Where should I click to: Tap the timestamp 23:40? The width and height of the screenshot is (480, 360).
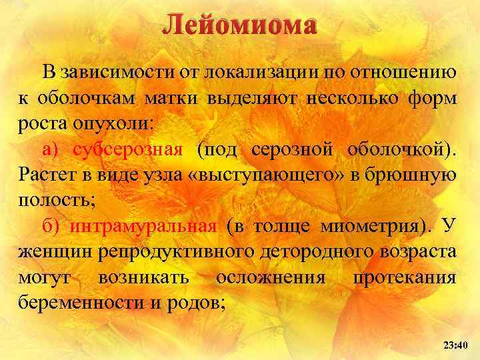click(456, 345)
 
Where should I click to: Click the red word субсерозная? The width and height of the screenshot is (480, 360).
click(127, 149)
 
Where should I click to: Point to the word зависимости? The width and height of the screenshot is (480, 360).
click(115, 73)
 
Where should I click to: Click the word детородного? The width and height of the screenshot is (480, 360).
click(294, 252)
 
